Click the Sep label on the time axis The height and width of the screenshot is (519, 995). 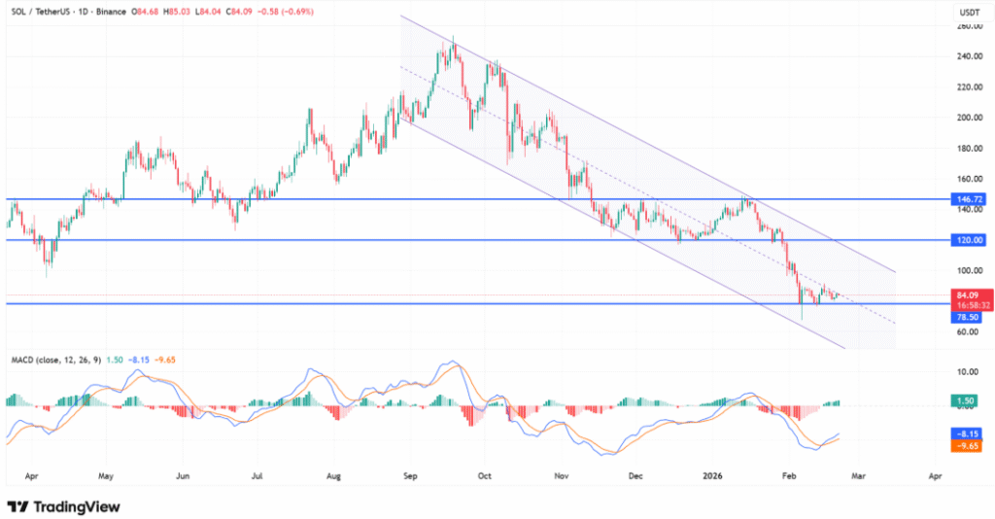click(x=409, y=477)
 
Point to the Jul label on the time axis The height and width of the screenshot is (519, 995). click(x=258, y=477)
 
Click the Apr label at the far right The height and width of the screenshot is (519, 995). click(x=935, y=477)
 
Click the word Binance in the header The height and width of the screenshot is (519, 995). click(x=115, y=13)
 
